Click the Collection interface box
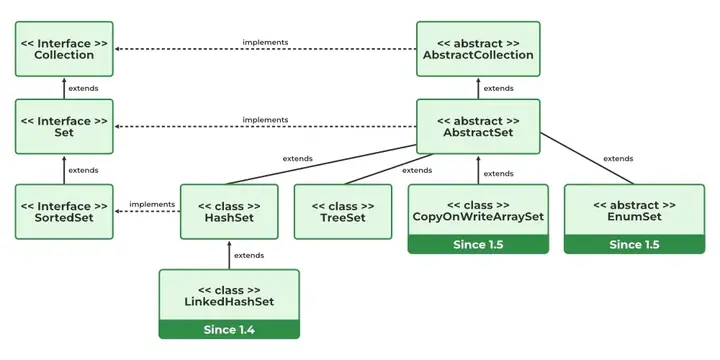(x=64, y=49)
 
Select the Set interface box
(x=64, y=126)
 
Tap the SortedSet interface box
(x=64, y=211)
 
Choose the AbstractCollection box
(x=478, y=49)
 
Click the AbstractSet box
(x=478, y=126)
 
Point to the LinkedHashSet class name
(x=229, y=302)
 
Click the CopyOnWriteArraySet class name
(x=478, y=216)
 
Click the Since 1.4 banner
(x=229, y=329)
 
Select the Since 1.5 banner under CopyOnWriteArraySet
(x=478, y=244)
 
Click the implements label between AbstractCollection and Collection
(x=266, y=42)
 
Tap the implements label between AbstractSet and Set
(x=266, y=120)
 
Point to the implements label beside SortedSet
(x=152, y=205)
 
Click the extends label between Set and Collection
(x=84, y=88)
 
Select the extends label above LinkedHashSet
(x=249, y=256)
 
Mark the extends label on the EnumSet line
(x=618, y=159)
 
